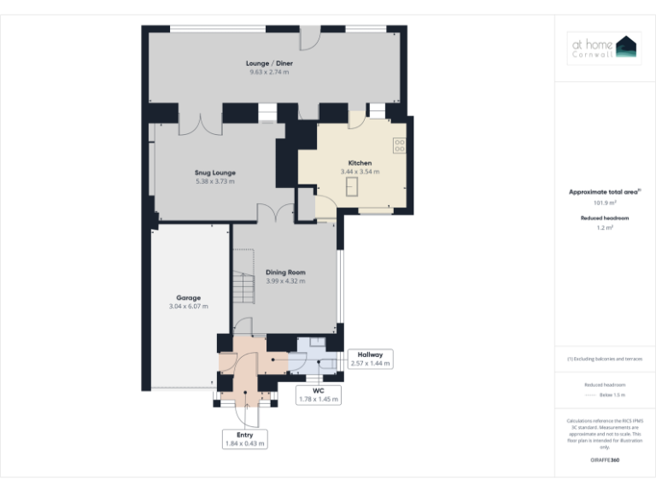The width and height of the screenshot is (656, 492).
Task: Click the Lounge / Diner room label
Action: (268, 63)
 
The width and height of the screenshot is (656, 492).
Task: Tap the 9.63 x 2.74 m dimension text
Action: (268, 73)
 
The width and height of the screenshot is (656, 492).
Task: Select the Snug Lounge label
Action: (214, 173)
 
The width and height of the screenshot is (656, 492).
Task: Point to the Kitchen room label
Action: (360, 162)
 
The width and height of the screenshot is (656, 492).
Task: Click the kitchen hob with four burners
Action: (399, 145)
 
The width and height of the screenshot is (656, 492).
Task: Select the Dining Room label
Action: (285, 272)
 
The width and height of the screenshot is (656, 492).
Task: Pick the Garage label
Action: (189, 297)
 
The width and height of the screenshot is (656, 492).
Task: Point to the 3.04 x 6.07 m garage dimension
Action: (189, 306)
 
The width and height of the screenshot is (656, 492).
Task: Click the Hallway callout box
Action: (370, 358)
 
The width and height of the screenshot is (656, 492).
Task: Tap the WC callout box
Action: (318, 395)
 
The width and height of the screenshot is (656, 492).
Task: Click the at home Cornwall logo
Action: (605, 49)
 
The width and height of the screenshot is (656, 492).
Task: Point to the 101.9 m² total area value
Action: (605, 202)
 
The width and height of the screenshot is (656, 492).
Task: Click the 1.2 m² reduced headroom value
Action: (605, 228)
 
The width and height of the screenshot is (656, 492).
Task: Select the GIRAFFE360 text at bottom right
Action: (605, 460)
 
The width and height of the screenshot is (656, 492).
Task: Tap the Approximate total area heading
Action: (605, 192)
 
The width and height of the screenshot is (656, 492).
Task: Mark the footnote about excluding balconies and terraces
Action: (605, 359)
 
